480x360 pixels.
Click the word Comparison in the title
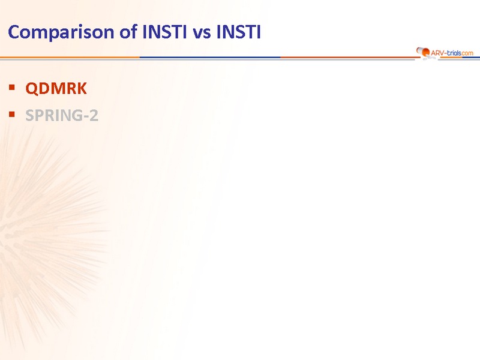click(x=61, y=32)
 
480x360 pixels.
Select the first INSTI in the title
click(x=164, y=32)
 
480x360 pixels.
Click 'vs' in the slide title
click(x=202, y=34)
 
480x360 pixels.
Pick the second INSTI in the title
click(x=238, y=32)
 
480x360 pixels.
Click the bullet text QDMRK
click(x=56, y=88)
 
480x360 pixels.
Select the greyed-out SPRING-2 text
click(x=62, y=115)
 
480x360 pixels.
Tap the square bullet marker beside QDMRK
click(x=12, y=88)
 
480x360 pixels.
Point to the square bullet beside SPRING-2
click(x=12, y=115)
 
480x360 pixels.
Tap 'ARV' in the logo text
click(x=437, y=53)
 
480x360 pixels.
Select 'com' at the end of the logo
click(x=467, y=53)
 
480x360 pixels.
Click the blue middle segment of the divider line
click(x=210, y=57)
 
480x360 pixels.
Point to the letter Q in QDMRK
click(x=32, y=89)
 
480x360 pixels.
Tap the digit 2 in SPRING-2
click(x=94, y=115)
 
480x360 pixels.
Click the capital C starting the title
click(x=14, y=32)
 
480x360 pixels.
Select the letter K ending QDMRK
click(x=82, y=88)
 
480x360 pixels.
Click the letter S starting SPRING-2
click(x=29, y=115)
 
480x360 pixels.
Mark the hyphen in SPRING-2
click(x=85, y=117)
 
